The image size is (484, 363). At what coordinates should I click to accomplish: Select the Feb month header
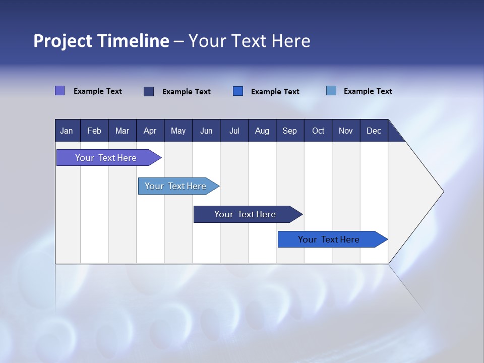[94, 131]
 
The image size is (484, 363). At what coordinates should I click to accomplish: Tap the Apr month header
[150, 131]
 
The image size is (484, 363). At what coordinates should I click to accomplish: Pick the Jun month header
[206, 131]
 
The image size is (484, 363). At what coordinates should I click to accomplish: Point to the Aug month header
[262, 131]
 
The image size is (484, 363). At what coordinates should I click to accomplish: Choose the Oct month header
[318, 131]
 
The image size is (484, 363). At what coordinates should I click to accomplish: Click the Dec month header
[374, 131]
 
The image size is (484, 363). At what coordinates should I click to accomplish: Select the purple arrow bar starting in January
[109, 158]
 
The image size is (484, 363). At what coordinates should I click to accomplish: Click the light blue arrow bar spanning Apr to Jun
[178, 186]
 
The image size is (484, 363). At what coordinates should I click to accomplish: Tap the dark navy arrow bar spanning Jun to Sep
[248, 214]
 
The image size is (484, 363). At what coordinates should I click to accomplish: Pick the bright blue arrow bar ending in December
[333, 239]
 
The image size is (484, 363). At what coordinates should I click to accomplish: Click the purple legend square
[59, 90]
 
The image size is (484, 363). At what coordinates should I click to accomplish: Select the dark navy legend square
[149, 91]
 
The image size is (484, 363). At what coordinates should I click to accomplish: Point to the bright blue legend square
[237, 91]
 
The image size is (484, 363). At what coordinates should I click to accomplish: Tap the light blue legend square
[331, 90]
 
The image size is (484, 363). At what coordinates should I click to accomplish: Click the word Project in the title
[63, 41]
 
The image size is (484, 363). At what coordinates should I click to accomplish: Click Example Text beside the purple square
[97, 91]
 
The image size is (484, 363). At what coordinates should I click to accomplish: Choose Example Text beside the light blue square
[368, 91]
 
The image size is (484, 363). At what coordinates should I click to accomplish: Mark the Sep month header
[290, 131]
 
